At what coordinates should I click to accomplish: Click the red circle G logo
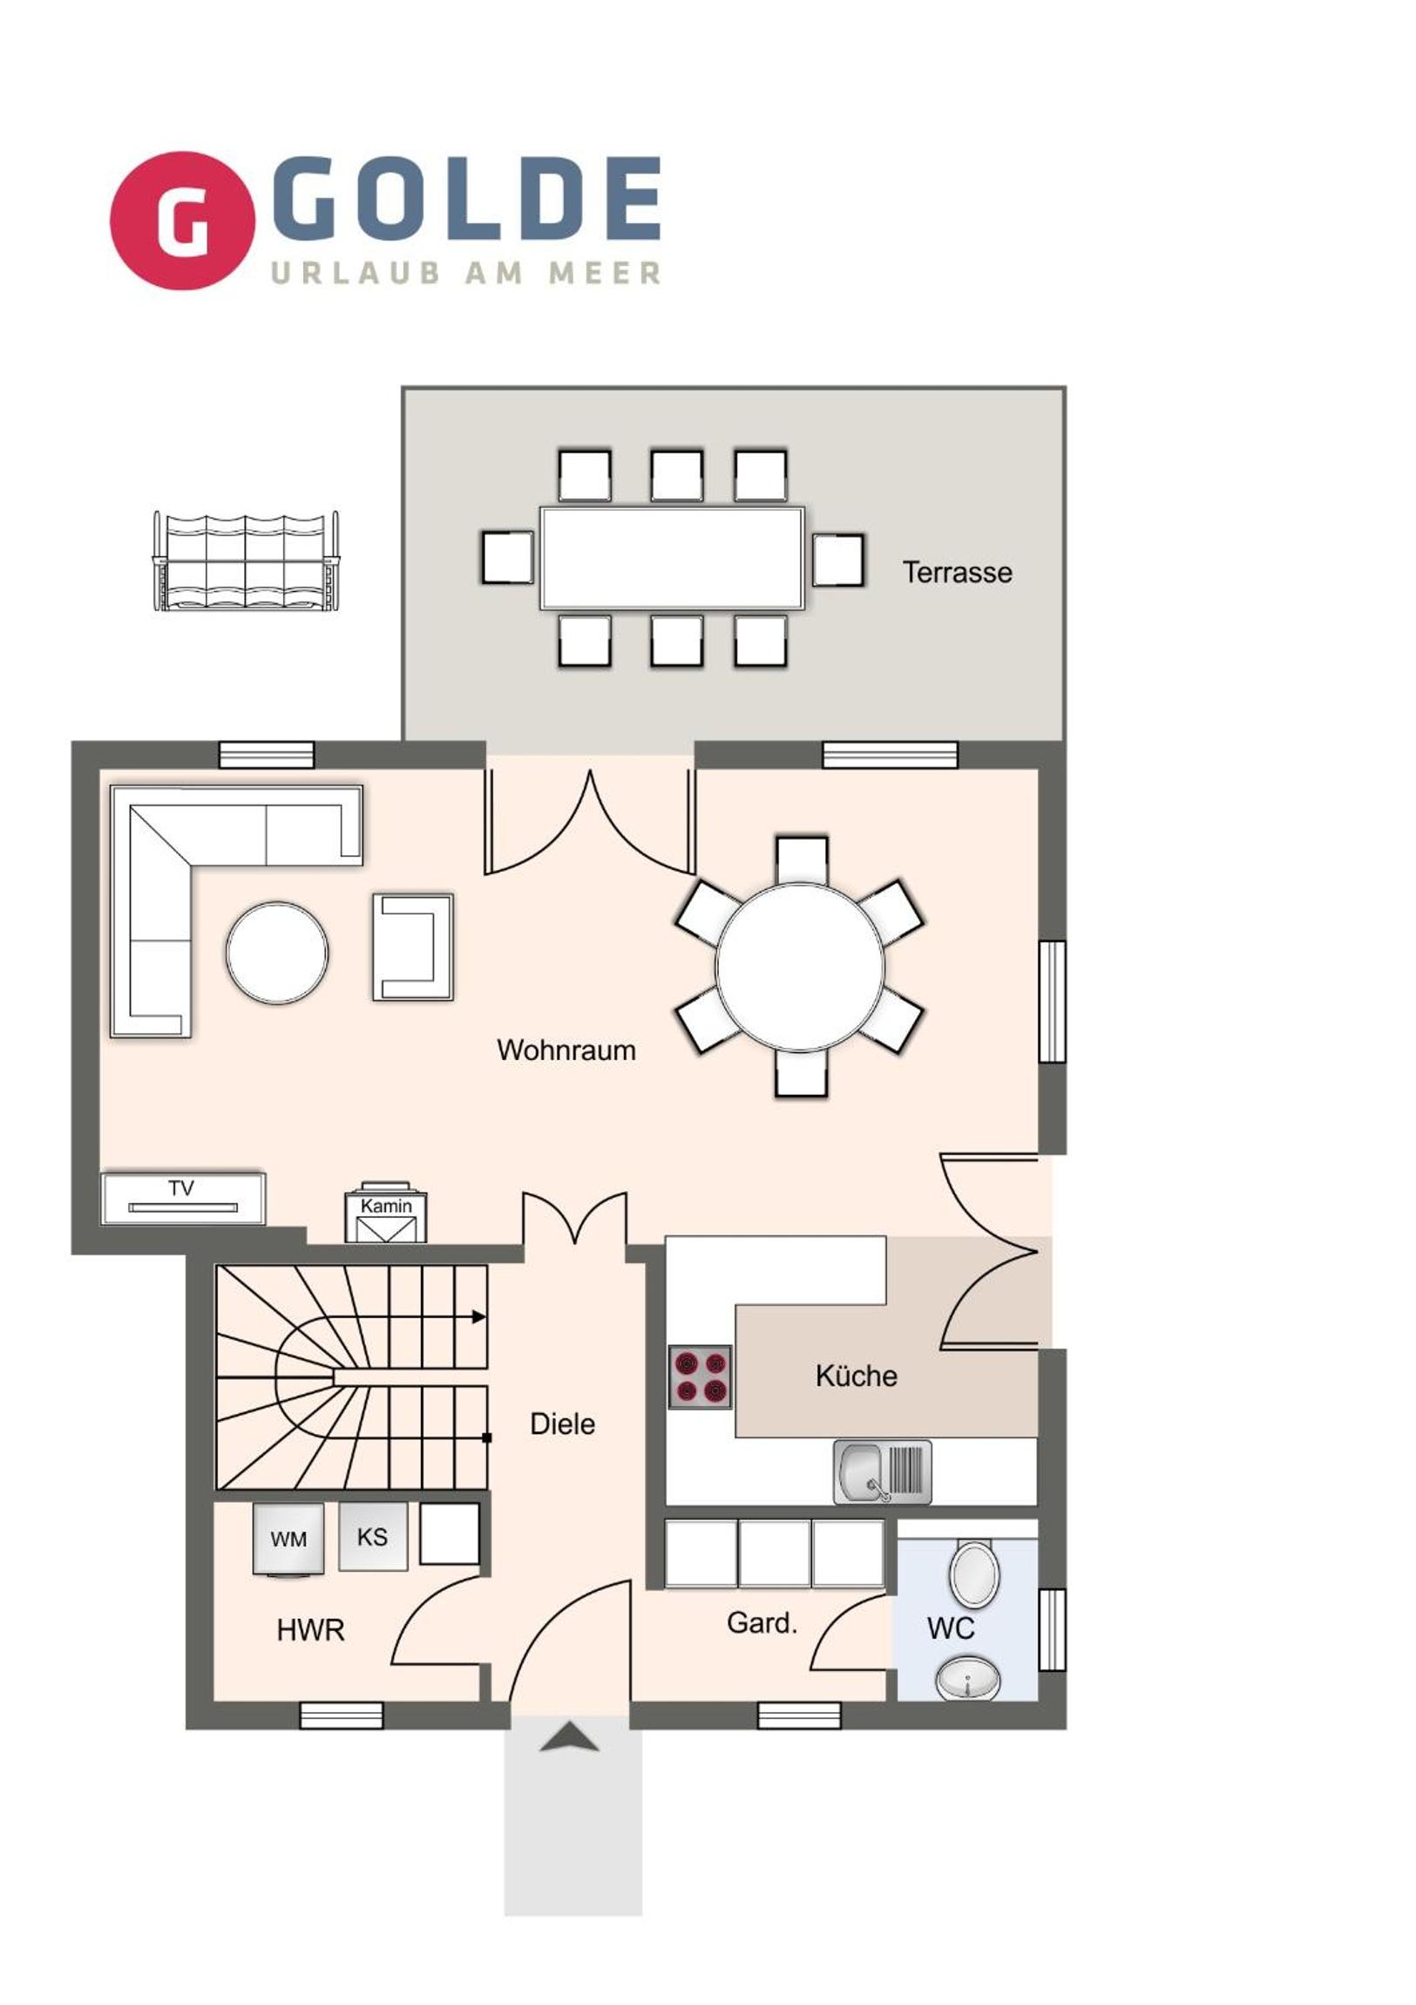point(182,220)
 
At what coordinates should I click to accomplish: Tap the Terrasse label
point(958,573)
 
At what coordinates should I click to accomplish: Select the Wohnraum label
point(566,1050)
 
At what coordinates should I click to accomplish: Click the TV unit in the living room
point(183,1198)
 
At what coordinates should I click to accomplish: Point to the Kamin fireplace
point(386,1212)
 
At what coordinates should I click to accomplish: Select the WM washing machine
point(288,1538)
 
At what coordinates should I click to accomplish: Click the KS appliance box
point(373,1536)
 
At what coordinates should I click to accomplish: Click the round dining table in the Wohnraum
point(800,967)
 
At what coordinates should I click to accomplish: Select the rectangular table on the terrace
point(672,558)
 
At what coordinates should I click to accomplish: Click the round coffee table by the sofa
point(278,953)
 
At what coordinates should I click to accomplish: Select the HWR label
point(311,1629)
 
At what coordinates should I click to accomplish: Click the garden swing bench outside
point(246,561)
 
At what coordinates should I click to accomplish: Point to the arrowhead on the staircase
point(479,1316)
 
